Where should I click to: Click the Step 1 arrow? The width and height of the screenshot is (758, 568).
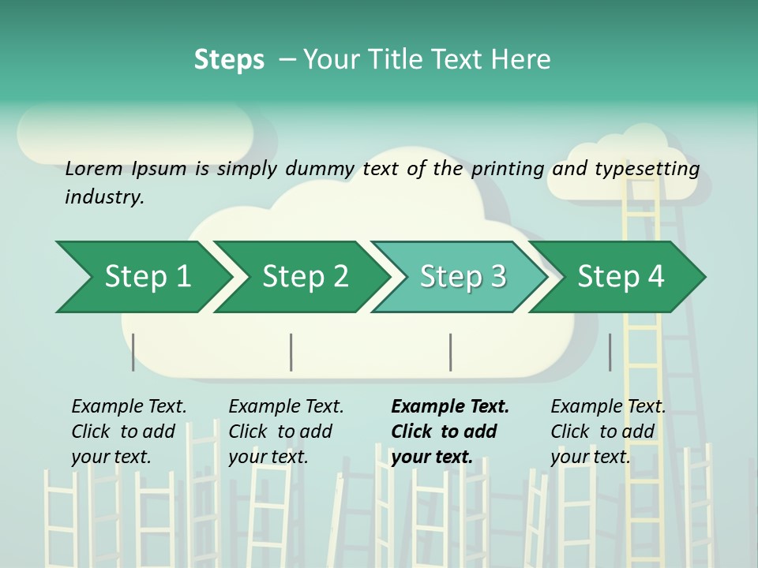(146, 277)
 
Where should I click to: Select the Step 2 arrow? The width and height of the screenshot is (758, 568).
(304, 277)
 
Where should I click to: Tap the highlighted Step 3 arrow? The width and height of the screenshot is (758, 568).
(462, 277)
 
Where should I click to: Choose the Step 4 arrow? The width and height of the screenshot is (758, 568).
(621, 277)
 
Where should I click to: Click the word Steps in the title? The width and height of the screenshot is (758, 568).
(229, 59)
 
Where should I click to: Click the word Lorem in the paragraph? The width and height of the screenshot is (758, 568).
(94, 168)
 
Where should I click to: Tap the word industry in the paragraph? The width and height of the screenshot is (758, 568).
(104, 196)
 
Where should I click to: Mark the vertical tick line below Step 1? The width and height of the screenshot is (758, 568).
(133, 352)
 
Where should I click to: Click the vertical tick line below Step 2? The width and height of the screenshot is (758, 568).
(291, 352)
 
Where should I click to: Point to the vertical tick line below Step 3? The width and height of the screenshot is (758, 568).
(451, 352)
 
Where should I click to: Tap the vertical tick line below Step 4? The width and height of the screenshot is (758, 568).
(610, 352)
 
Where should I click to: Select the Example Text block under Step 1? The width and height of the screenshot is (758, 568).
(129, 432)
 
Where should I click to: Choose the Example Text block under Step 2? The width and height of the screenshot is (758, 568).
(286, 432)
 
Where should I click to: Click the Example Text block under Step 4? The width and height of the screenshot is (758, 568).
(608, 432)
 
